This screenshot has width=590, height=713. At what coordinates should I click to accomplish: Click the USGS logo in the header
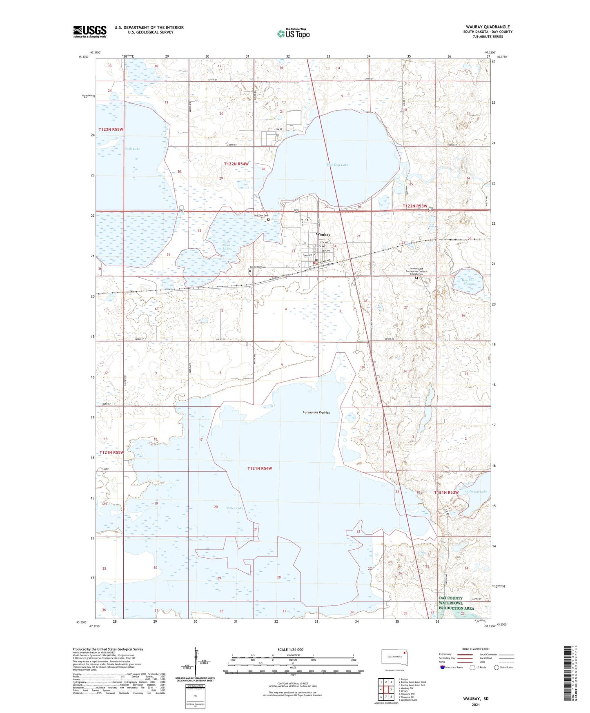click(90, 31)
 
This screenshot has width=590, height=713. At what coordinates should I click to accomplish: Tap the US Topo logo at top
click(293, 33)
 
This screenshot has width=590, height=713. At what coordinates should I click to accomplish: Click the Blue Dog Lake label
click(337, 165)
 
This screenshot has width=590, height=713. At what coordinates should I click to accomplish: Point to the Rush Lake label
click(132, 149)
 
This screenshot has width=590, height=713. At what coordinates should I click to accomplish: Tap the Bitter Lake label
click(235, 508)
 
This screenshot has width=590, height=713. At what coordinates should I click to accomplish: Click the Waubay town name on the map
click(323, 235)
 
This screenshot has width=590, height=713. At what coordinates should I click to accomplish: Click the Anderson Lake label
click(476, 492)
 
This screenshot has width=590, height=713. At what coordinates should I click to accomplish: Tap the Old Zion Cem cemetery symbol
click(268, 220)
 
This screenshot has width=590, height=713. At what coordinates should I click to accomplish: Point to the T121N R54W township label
click(259, 468)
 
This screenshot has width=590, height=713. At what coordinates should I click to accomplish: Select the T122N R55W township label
click(111, 129)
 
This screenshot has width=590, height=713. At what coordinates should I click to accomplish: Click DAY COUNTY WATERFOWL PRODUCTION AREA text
click(456, 603)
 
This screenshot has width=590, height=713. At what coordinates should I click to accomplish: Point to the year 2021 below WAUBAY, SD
click(475, 705)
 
